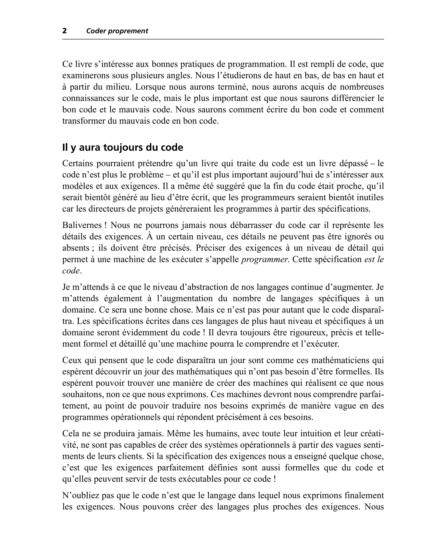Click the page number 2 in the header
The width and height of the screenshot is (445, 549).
(x=65, y=31)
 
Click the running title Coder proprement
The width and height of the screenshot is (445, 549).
(x=117, y=31)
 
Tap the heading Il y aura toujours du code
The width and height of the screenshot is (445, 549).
(x=123, y=147)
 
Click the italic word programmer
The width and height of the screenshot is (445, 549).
(x=265, y=259)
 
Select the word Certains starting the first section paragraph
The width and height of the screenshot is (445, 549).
(x=77, y=163)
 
